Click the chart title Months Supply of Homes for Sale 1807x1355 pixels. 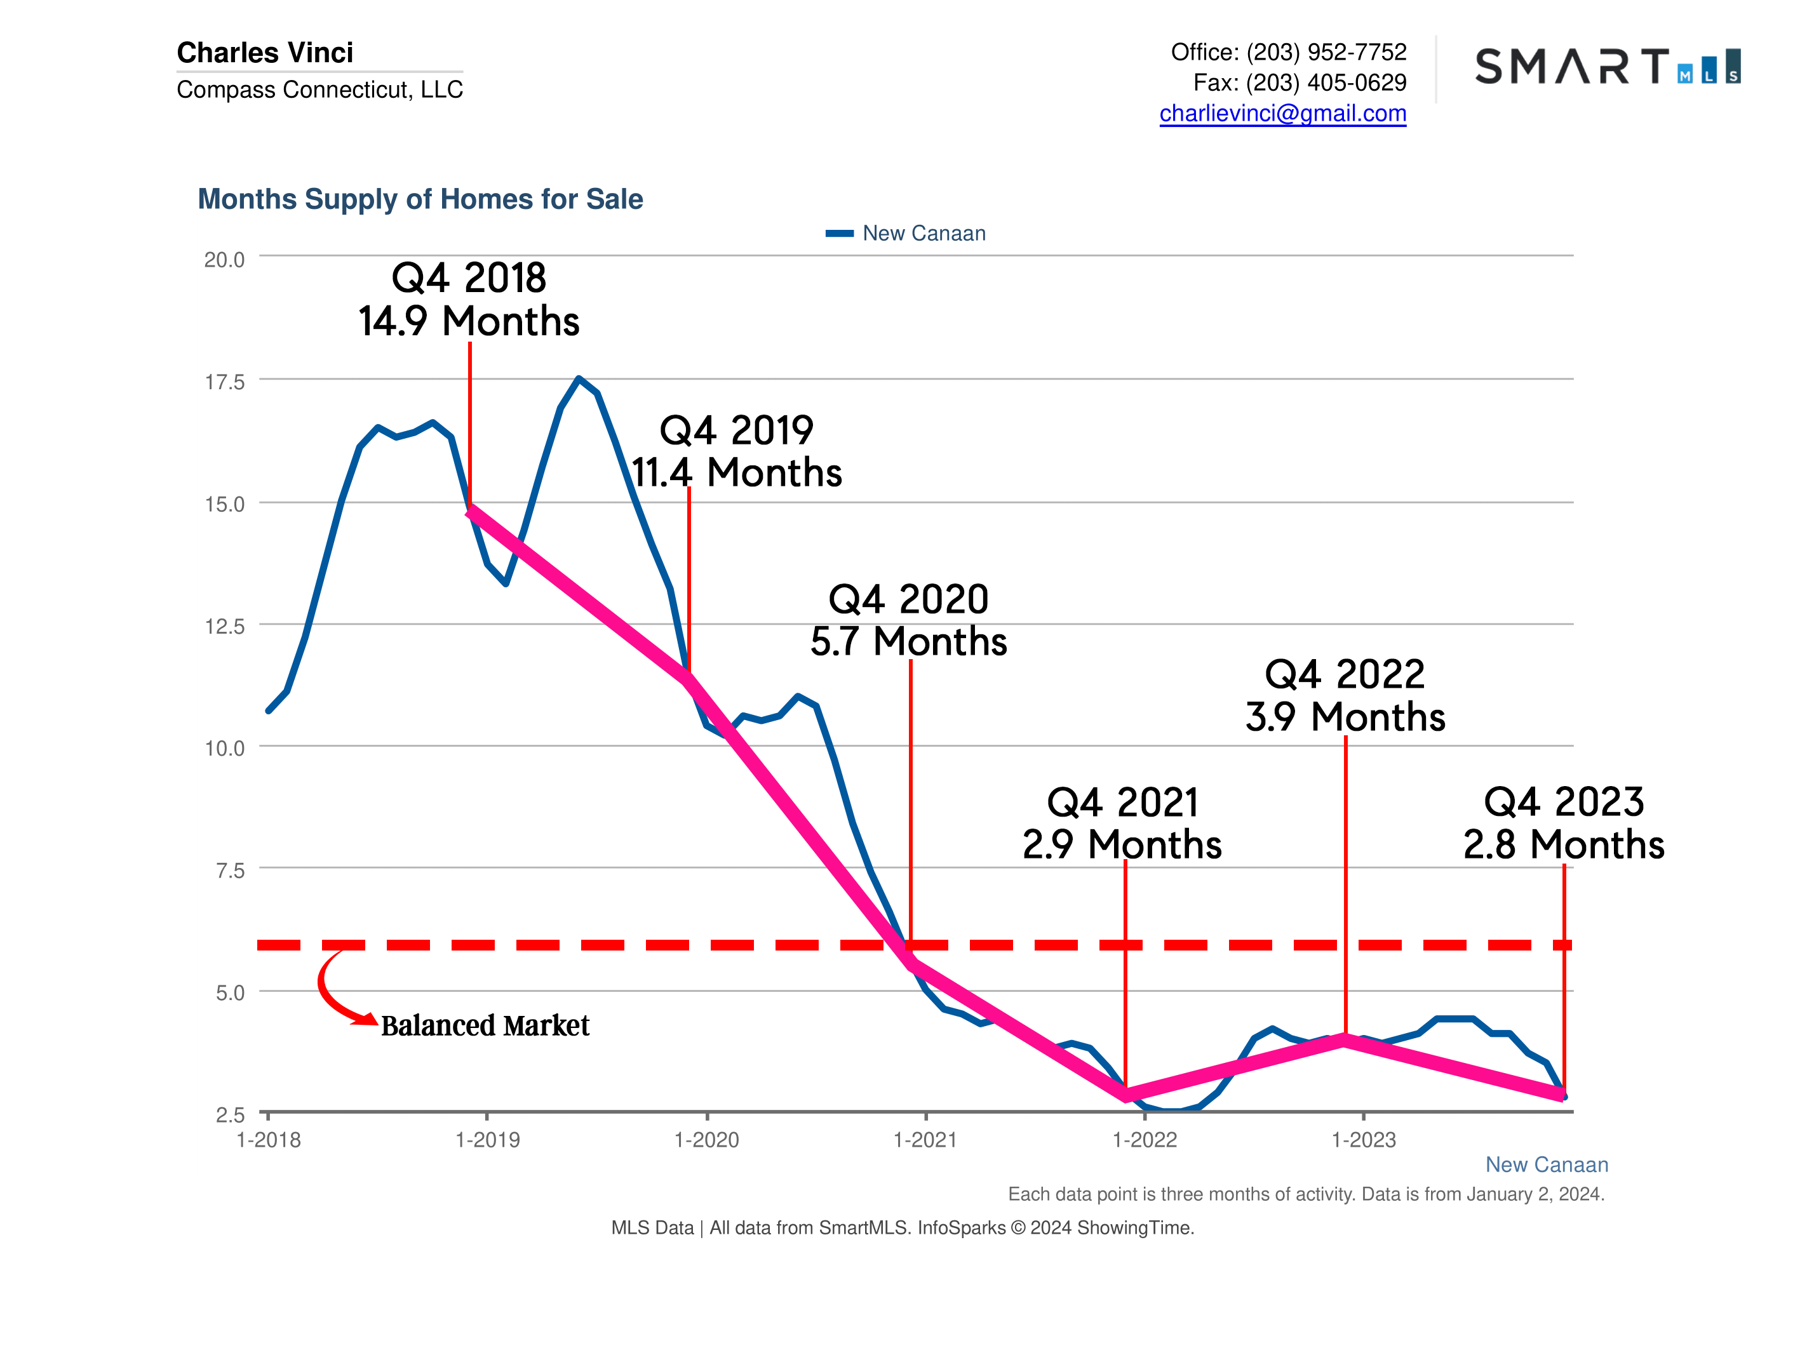pyautogui.click(x=420, y=199)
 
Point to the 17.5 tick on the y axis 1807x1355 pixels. pyautogui.click(x=224, y=382)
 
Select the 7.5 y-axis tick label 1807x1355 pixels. pyautogui.click(x=229, y=871)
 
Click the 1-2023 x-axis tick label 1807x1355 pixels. pyautogui.click(x=1364, y=1140)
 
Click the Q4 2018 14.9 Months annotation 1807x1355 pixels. pyautogui.click(x=469, y=300)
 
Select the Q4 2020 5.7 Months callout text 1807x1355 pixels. pyautogui.click(x=908, y=620)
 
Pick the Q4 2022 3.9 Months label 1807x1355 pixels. pyautogui.click(x=1345, y=696)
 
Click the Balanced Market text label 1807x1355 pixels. pyautogui.click(x=485, y=1026)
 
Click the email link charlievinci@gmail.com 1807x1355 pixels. pyautogui.click(x=1282, y=114)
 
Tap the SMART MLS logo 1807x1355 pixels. pyautogui.click(x=1607, y=67)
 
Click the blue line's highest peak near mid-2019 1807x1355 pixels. pyautogui.click(x=579, y=378)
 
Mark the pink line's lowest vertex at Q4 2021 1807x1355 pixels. pyautogui.click(x=1125, y=1095)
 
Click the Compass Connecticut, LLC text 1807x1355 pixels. pyautogui.click(x=319, y=89)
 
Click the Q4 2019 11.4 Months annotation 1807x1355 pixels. pyautogui.click(x=736, y=451)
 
